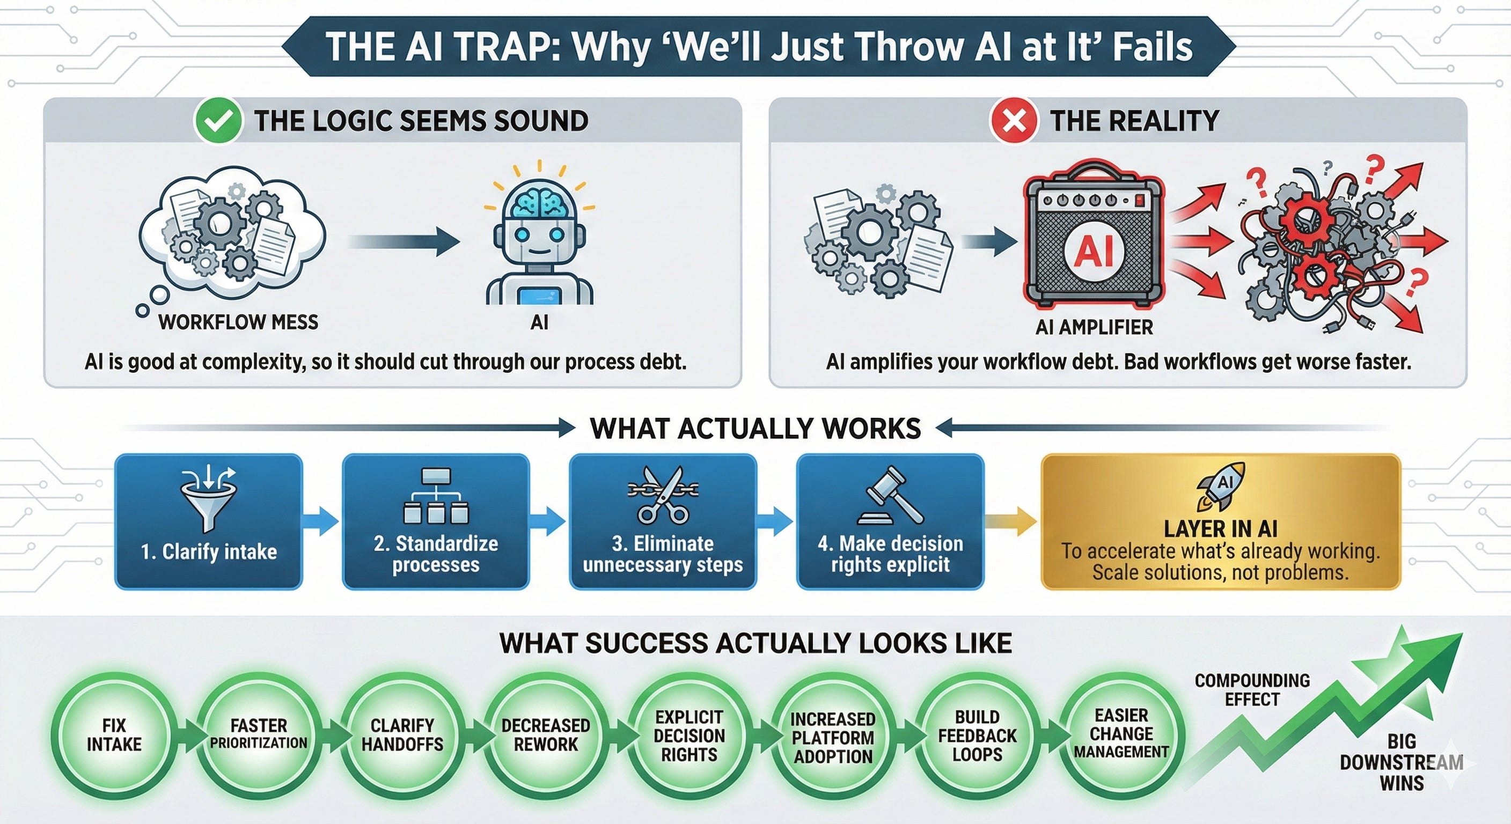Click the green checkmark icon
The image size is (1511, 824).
[x=218, y=120]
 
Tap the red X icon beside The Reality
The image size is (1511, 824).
[x=1013, y=120]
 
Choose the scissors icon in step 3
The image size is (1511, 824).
[x=663, y=495]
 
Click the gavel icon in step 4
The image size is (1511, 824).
[x=890, y=495]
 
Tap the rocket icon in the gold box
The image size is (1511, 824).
[x=1221, y=486]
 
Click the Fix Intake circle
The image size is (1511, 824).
[x=114, y=735]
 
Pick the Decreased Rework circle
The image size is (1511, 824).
[x=546, y=735]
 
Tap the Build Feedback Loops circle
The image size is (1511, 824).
[x=977, y=735]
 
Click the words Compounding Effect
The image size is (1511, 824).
[x=1252, y=690]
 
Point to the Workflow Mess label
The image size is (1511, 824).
[x=238, y=322]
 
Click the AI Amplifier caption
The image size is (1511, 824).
[x=1094, y=327]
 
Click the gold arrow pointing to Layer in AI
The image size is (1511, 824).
[x=1010, y=521]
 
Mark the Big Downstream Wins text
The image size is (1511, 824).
[x=1402, y=762]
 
